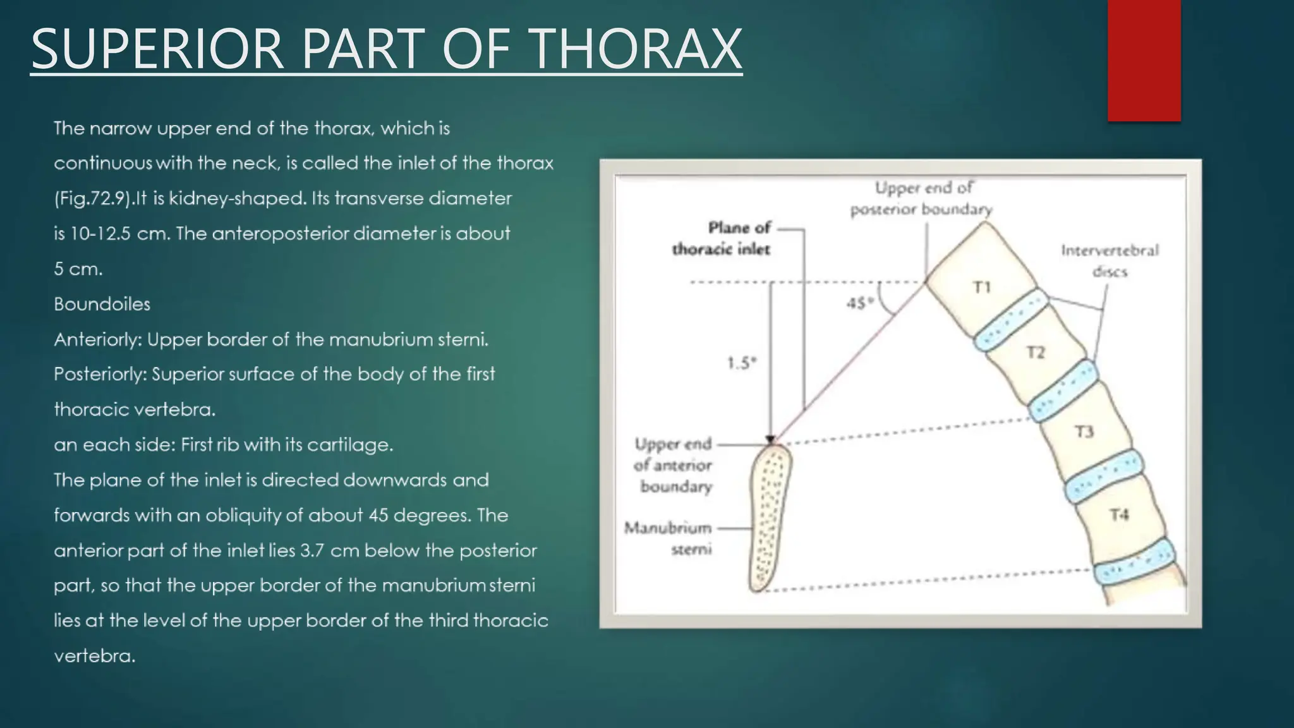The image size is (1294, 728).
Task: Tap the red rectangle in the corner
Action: [x=1144, y=60]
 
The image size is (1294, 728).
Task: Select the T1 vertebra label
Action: [x=982, y=288]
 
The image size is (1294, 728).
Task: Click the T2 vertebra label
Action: [x=1035, y=352]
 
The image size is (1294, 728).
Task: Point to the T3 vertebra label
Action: [x=1084, y=432]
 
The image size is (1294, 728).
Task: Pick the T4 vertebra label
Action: [x=1118, y=515]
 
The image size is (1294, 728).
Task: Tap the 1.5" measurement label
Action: [x=741, y=363]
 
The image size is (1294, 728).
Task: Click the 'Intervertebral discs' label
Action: [x=1110, y=261]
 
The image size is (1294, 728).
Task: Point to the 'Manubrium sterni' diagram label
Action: [x=668, y=538]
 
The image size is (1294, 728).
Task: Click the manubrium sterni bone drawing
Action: [x=768, y=518]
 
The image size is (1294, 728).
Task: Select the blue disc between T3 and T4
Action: [x=1103, y=476]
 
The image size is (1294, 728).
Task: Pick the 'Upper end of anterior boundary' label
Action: [x=673, y=465]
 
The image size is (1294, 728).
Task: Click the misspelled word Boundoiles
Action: [x=102, y=304]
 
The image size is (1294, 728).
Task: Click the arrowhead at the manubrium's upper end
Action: [x=770, y=440]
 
